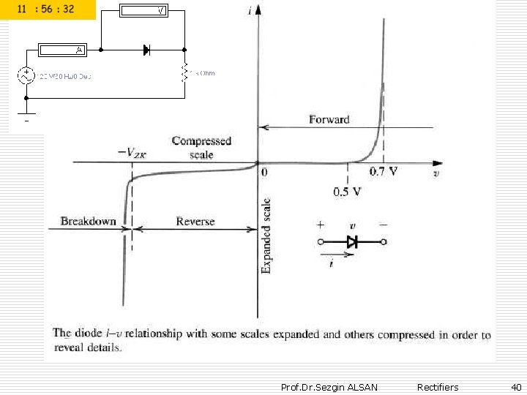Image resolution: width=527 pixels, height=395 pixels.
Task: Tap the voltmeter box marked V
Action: (x=144, y=10)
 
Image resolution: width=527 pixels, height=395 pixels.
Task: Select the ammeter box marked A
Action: (x=62, y=50)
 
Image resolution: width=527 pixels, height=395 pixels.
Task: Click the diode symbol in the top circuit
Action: (x=146, y=50)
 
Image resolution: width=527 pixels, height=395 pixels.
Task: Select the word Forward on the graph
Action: (x=329, y=119)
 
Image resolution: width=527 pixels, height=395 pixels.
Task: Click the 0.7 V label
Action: (x=384, y=173)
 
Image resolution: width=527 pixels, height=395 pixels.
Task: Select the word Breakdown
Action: (x=88, y=221)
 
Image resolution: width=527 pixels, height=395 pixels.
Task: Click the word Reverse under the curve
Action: (x=195, y=221)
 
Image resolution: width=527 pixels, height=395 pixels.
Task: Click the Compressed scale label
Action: (x=201, y=146)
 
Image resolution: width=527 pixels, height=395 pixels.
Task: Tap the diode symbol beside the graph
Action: (x=352, y=241)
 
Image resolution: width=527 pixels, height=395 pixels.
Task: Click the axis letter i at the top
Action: (x=251, y=10)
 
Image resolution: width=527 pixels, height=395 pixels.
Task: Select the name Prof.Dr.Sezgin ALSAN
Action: (x=329, y=387)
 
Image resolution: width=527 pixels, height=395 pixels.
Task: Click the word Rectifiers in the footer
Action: (x=438, y=387)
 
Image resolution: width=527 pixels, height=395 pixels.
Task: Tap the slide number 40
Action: (x=515, y=387)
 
